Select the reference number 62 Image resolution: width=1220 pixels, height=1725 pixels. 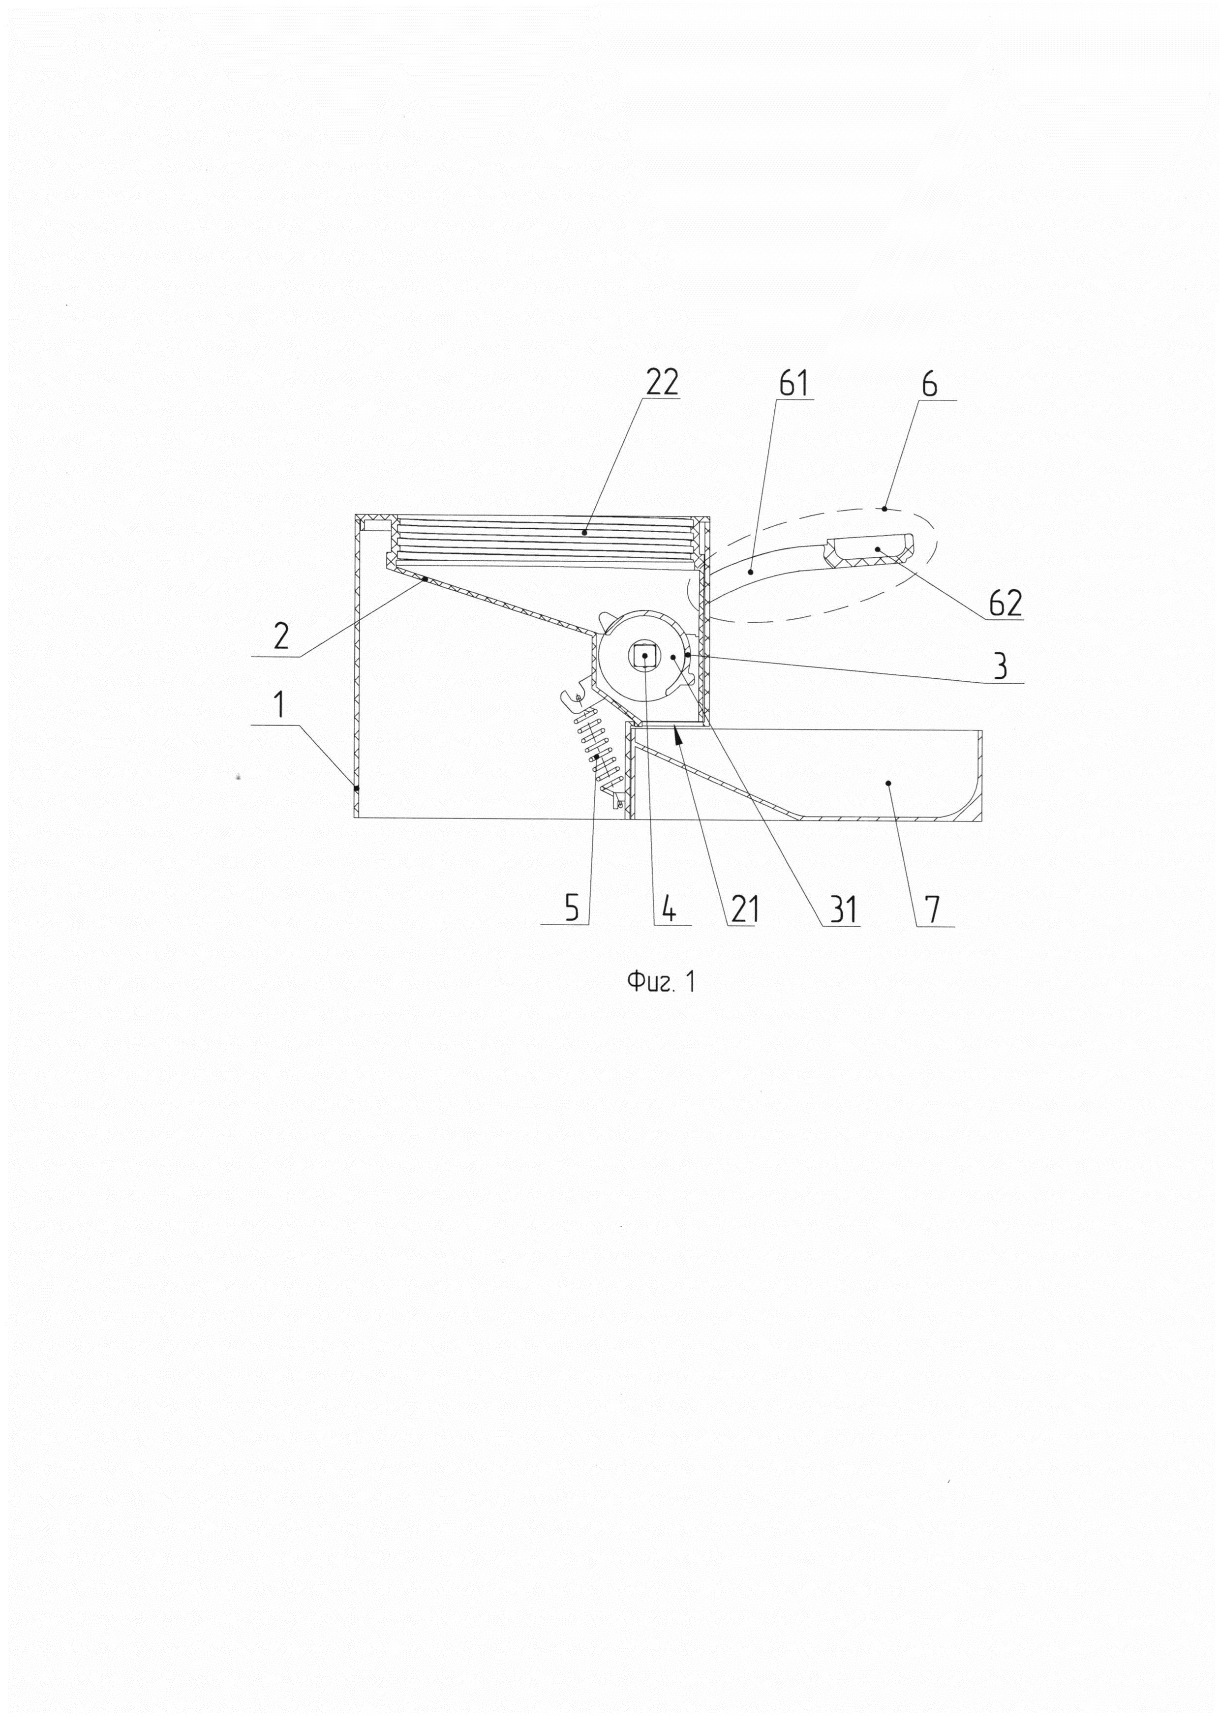pyautogui.click(x=1005, y=603)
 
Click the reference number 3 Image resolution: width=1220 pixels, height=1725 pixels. pyautogui.click(x=1000, y=666)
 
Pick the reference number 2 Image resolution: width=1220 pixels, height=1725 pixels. pyautogui.click(x=281, y=636)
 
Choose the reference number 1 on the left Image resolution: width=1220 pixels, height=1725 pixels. pyautogui.click(x=279, y=705)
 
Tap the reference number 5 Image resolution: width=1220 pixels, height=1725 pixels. pyautogui.click(x=573, y=908)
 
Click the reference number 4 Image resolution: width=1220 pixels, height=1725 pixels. pyautogui.click(x=668, y=909)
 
